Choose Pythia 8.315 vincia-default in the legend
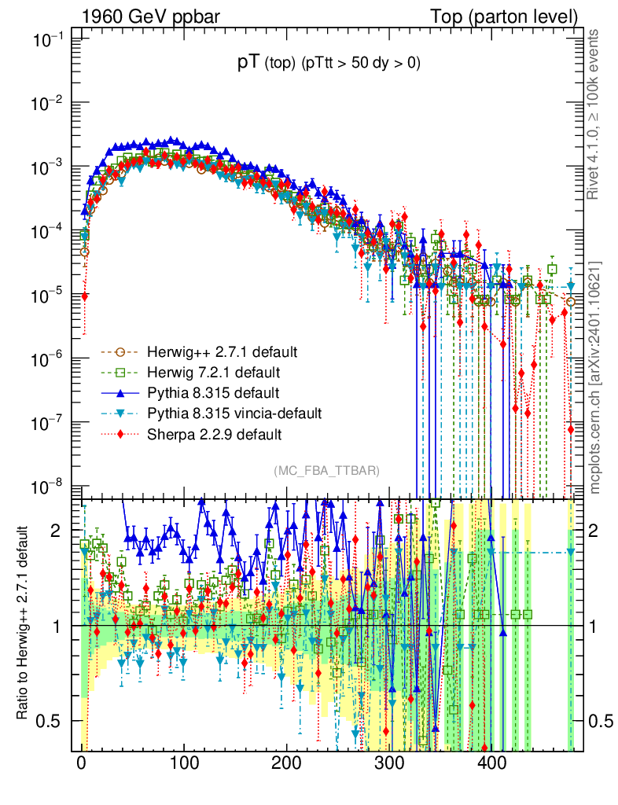point(234,413)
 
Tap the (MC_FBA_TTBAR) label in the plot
point(327,471)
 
